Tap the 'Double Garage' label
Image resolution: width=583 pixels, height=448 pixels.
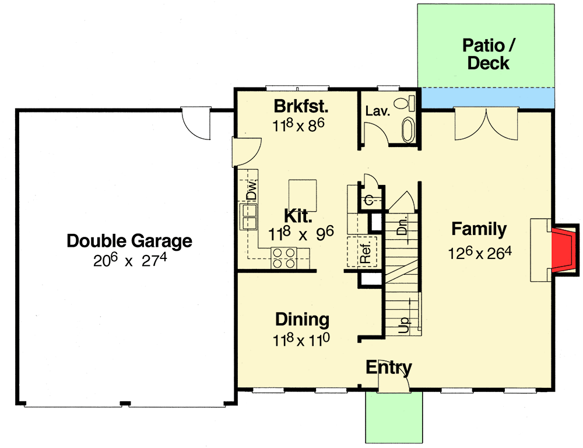(x=129, y=240)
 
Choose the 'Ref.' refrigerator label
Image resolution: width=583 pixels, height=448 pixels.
(x=366, y=251)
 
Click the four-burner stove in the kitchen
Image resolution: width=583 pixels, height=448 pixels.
(x=283, y=257)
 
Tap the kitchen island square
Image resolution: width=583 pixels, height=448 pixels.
(x=303, y=195)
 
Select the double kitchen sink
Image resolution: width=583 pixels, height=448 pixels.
(x=248, y=216)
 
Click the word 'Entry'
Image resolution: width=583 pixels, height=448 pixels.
(x=389, y=367)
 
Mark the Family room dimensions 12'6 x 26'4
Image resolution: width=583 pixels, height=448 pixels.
(x=479, y=253)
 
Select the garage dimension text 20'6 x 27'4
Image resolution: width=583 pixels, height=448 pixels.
(x=129, y=260)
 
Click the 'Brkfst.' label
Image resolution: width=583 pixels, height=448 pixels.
(x=302, y=107)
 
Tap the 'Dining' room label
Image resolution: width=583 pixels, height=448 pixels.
(x=302, y=319)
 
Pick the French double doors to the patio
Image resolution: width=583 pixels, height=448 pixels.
(x=486, y=125)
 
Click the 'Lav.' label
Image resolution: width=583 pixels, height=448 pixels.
(x=377, y=111)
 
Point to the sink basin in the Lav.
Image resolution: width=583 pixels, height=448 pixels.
(x=408, y=130)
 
